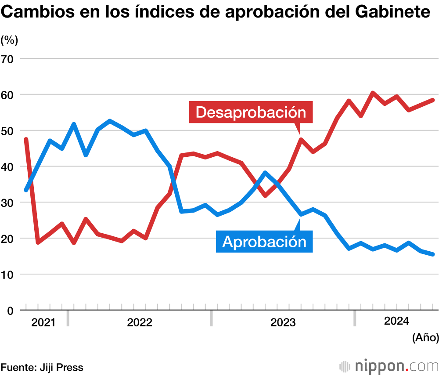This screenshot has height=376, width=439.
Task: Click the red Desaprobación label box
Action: [251, 112]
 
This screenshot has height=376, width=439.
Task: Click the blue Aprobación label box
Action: [264, 241]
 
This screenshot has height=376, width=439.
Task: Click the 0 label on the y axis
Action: [10, 311]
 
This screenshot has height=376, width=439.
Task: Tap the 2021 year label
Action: [43, 323]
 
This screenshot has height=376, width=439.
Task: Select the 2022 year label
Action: [140, 323]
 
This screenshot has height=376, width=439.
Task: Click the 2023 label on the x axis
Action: [283, 323]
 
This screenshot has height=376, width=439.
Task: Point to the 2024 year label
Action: [396, 321]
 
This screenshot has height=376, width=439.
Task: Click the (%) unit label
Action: [9, 40]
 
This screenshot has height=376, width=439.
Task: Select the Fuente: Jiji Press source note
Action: [42, 367]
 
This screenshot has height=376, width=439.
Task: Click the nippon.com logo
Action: [389, 366]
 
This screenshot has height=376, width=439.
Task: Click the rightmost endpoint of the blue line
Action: [432, 254]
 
